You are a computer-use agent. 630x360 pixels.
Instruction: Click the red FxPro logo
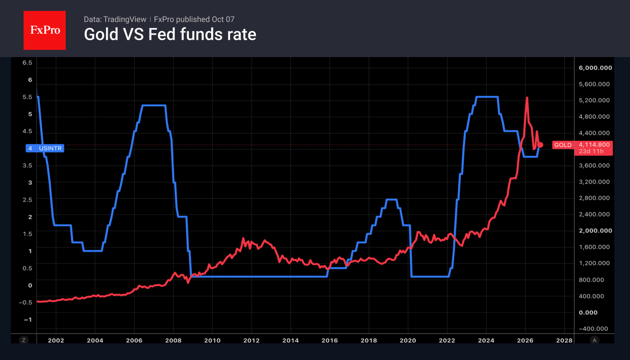44,30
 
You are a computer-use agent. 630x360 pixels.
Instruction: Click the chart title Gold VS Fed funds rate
170,34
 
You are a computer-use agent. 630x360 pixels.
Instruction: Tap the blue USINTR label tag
45,148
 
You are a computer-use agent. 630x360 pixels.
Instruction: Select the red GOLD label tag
563,145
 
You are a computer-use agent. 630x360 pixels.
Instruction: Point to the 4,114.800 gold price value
594,144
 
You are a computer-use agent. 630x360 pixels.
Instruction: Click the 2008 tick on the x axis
173,340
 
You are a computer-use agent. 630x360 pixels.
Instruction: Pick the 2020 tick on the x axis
408,340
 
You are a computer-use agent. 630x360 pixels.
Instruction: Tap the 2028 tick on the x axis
564,340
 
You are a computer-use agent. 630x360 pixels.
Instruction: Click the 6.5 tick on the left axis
27,63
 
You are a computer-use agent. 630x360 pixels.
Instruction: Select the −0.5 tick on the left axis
25,302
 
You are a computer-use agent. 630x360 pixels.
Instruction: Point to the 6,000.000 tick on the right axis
595,68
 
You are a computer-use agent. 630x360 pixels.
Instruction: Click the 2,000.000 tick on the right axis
595,230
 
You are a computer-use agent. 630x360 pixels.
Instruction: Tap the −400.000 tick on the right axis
593,328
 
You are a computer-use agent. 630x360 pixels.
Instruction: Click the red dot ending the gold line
540,145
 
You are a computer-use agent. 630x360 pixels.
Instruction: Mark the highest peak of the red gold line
527,97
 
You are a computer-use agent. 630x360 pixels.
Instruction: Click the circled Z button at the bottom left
24,340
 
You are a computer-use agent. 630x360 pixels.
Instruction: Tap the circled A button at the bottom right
594,340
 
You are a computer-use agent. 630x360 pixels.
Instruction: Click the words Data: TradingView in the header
115,19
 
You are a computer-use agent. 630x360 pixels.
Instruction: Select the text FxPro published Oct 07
194,19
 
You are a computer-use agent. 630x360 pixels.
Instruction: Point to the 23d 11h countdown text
591,151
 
